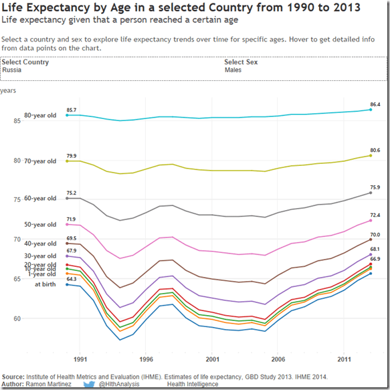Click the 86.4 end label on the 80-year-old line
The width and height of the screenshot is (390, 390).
375,104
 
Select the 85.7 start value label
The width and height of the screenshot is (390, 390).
71,110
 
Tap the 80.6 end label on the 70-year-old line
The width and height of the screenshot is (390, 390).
375,151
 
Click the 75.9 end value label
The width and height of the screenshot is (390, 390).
375,187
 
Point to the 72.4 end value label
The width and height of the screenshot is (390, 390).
375,215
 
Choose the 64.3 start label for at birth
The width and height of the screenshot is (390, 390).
71,279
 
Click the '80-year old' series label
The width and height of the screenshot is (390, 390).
40,115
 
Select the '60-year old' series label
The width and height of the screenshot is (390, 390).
40,198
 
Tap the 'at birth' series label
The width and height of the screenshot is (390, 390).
47,284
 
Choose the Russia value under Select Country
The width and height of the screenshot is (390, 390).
12,70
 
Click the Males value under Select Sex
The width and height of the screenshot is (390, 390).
233,70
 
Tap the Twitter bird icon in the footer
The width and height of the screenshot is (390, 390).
88,385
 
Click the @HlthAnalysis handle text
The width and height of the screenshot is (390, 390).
123,385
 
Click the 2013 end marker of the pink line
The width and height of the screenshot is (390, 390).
371,221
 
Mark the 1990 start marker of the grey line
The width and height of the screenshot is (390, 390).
67,198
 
